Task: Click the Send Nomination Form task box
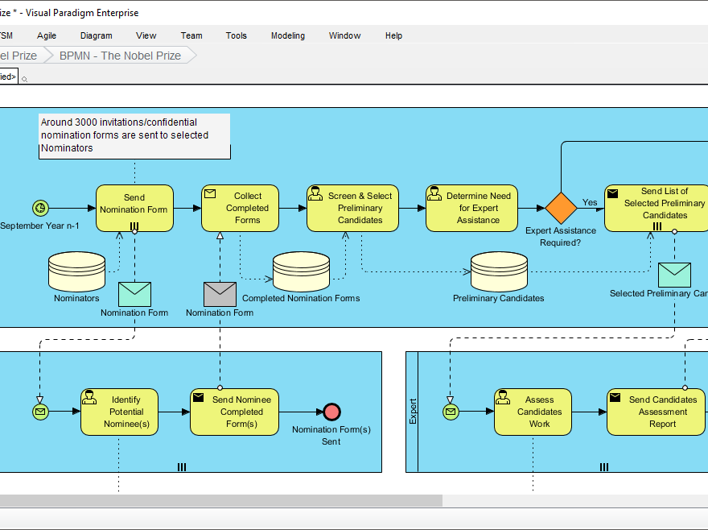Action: pyautogui.click(x=134, y=208)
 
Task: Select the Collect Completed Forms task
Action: pyautogui.click(x=240, y=208)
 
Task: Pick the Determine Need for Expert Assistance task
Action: pyautogui.click(x=471, y=208)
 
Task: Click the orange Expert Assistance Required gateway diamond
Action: pyautogui.click(x=561, y=208)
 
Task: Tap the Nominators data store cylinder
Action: pyautogui.click(x=76, y=271)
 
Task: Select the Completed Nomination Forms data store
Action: pyautogui.click(x=301, y=272)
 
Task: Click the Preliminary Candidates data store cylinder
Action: pyautogui.click(x=499, y=272)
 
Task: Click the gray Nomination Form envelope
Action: pyautogui.click(x=220, y=294)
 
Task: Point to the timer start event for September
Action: pyautogui.click(x=40, y=208)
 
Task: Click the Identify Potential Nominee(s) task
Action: pyautogui.click(x=119, y=412)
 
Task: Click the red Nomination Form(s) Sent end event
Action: pyautogui.click(x=331, y=412)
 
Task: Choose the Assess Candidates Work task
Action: pyautogui.click(x=533, y=412)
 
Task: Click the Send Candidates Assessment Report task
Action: pyautogui.click(x=656, y=412)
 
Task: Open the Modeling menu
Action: pyautogui.click(x=287, y=35)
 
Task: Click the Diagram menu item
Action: pyautogui.click(x=96, y=35)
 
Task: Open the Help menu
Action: pyautogui.click(x=393, y=35)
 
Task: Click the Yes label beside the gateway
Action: pyautogui.click(x=590, y=202)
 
